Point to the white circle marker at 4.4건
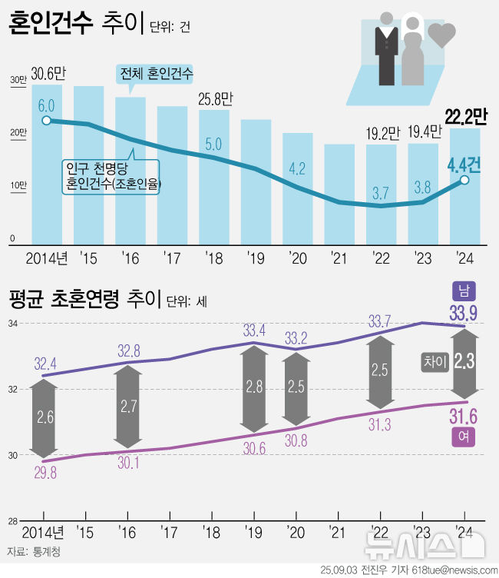464,180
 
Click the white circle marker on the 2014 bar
46,121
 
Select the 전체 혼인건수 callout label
156,75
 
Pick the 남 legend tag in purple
465,291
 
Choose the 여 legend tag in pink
465,437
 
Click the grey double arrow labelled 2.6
45,417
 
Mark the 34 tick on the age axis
13,324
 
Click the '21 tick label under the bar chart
337,257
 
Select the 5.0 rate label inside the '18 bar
213,144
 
